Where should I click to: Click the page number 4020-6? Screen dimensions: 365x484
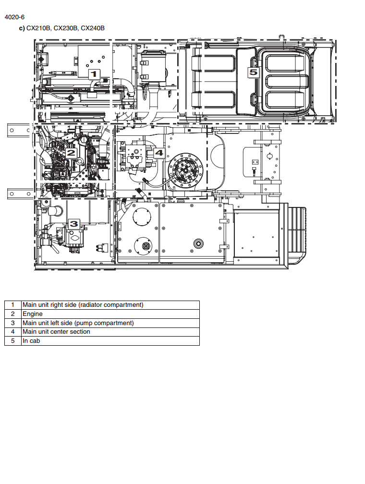[x=14, y=17]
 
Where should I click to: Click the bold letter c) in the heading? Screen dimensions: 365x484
[x=22, y=28]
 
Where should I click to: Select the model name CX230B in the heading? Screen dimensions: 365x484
[x=65, y=28]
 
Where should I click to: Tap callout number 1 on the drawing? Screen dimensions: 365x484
[x=94, y=74]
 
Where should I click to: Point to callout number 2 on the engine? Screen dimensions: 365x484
[x=71, y=153]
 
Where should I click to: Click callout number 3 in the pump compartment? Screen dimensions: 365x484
[x=74, y=224]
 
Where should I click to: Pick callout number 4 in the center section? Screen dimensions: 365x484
[x=158, y=153]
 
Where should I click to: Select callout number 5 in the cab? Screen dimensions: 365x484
[x=253, y=73]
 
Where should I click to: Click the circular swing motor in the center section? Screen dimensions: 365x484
[x=185, y=170]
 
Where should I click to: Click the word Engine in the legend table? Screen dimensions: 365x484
[x=33, y=314]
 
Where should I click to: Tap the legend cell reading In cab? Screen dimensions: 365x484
[x=31, y=341]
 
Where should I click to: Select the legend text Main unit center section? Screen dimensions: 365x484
[x=56, y=331]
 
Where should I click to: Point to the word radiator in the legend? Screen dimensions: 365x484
[x=90, y=304]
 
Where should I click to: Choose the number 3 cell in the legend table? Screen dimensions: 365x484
[x=12, y=323]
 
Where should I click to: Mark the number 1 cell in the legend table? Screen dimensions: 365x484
[x=12, y=305]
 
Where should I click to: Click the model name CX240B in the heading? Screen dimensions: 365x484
[x=93, y=28]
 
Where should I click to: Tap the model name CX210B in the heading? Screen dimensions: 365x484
[x=38, y=28]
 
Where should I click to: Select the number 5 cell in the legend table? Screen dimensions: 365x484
[x=12, y=341]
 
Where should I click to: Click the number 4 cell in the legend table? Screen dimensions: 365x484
[x=12, y=332]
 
